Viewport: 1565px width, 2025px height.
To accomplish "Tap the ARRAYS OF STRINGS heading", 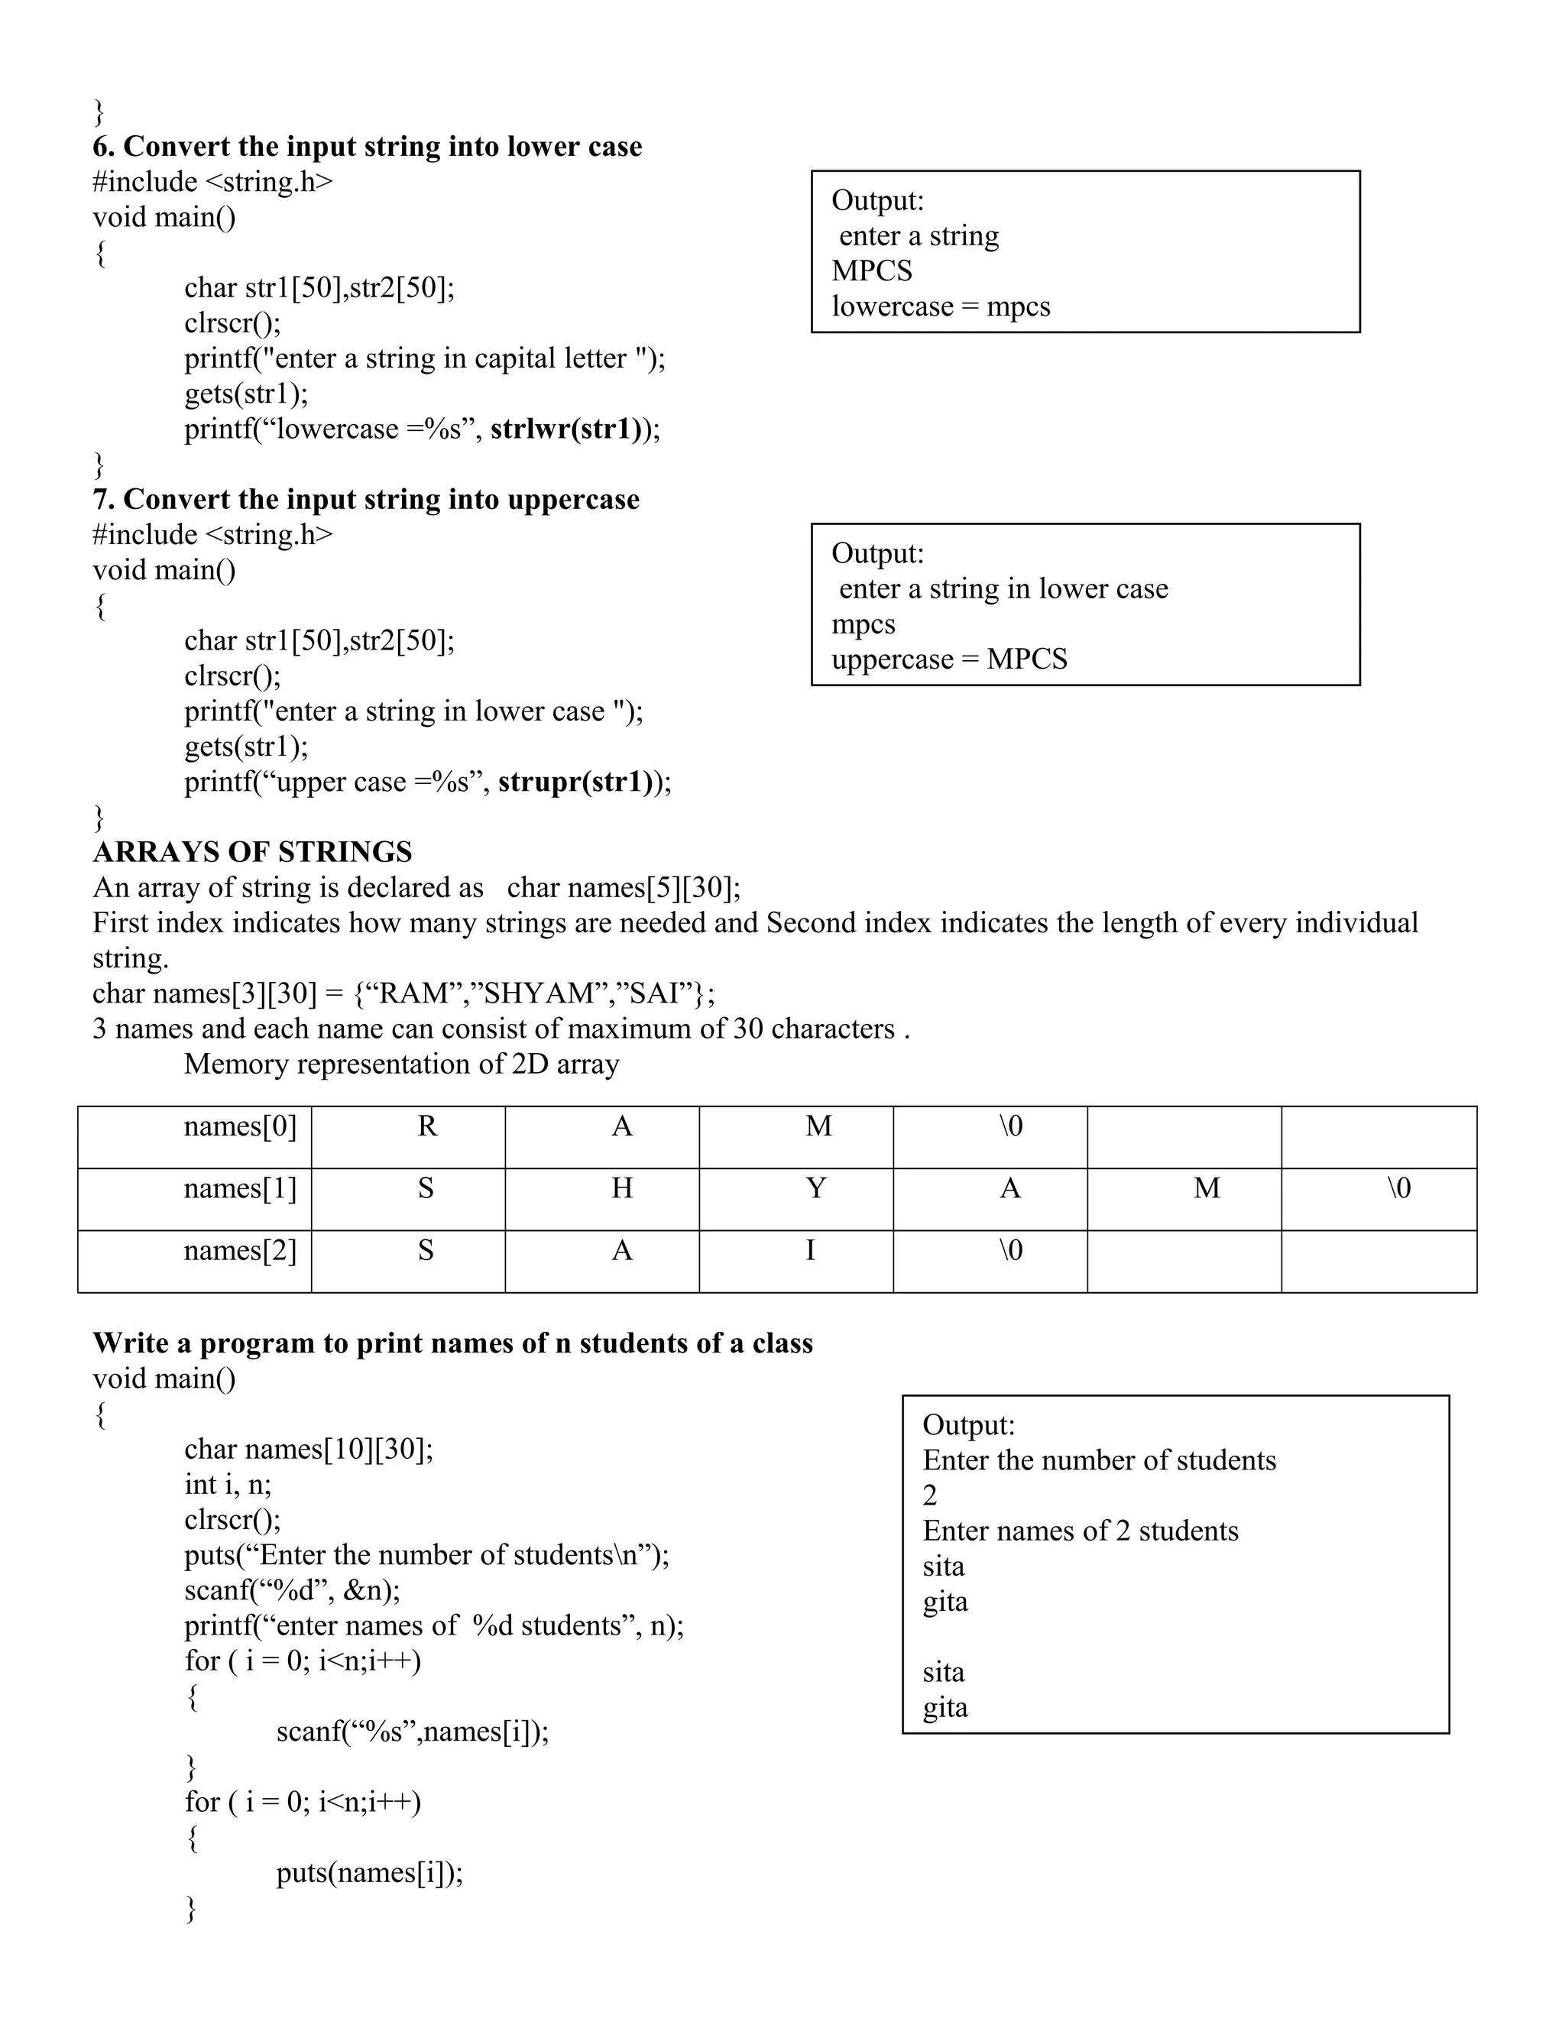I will click(252, 852).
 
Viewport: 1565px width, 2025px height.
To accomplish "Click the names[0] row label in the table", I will click(240, 1126).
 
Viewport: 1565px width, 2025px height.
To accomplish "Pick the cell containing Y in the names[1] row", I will click(815, 1189).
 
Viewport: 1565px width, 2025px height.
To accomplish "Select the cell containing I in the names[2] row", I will click(810, 1251).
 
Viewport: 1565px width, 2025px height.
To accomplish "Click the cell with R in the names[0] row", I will click(426, 1126).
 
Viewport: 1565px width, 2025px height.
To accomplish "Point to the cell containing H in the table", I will click(621, 1189).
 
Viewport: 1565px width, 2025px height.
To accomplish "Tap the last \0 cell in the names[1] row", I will click(1398, 1189).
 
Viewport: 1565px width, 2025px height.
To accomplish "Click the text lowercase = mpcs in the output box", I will click(940, 307).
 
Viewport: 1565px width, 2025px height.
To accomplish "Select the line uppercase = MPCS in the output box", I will click(948, 660).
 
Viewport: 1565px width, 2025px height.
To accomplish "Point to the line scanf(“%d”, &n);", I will click(292, 1591).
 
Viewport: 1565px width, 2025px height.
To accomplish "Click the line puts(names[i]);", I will click(369, 1874).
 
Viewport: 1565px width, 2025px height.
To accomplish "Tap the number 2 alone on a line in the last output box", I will click(930, 1495).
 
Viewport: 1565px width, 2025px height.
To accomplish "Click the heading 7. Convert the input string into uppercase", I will click(365, 500).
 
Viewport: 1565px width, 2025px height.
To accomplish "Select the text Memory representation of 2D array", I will click(400, 1064).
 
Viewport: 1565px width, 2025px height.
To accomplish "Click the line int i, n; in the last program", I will click(228, 1486).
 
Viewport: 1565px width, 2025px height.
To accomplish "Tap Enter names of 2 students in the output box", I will click(1080, 1531).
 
